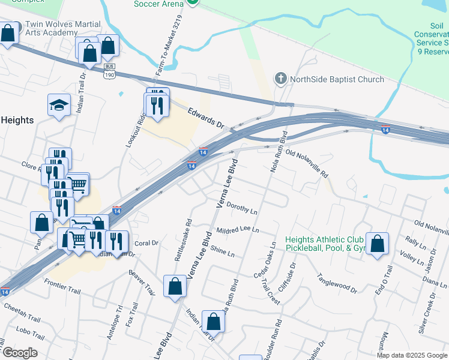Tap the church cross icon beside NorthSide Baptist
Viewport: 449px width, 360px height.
pos(280,79)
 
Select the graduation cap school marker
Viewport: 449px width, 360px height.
pos(59,105)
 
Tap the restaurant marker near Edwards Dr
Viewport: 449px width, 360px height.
pos(157,105)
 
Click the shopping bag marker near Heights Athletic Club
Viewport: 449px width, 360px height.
pos(377,244)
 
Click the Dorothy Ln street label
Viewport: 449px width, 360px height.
pos(242,211)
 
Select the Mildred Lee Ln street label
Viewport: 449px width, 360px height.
pos(237,230)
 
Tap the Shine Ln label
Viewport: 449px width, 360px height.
pos(223,253)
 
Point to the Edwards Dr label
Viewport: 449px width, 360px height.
pos(205,118)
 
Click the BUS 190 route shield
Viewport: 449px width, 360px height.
pos(109,70)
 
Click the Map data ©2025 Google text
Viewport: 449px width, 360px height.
pos(412,355)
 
